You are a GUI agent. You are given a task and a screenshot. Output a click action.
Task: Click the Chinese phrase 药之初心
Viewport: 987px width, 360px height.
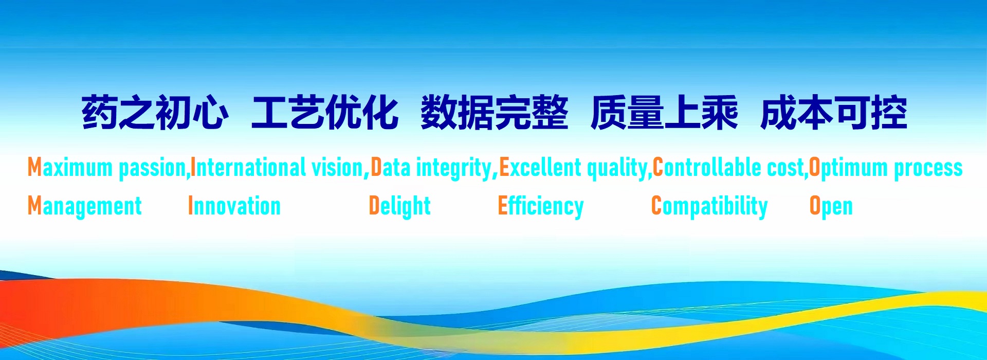pyautogui.click(x=155, y=112)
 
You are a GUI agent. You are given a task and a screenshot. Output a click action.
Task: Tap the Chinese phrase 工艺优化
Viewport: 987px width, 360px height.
pyautogui.click(x=325, y=112)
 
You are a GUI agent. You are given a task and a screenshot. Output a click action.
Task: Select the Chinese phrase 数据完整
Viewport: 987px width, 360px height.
pyautogui.click(x=495, y=112)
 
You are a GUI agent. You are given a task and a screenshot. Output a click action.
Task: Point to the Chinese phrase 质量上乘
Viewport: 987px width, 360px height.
pyautogui.click(x=664, y=112)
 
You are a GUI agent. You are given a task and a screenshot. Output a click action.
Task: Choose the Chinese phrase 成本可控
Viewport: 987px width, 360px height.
pyautogui.click(x=834, y=112)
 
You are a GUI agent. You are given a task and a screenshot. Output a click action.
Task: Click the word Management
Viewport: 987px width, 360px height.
pyautogui.click(x=85, y=206)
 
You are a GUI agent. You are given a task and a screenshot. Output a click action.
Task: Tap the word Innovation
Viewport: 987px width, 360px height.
pyautogui.click(x=234, y=206)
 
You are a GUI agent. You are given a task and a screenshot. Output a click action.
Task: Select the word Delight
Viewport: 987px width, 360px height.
pyautogui.click(x=400, y=206)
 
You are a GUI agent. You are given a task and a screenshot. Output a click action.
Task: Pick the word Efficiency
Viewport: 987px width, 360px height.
pyautogui.click(x=541, y=206)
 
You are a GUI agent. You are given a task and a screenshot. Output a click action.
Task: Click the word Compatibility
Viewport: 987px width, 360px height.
pyautogui.click(x=709, y=206)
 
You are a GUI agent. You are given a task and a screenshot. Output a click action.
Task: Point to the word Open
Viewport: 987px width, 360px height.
pyautogui.click(x=831, y=207)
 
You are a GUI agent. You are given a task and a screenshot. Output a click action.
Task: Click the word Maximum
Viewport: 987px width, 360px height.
pyautogui.click(x=70, y=168)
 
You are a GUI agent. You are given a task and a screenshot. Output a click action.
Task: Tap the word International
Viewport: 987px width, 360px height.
pyautogui.click(x=248, y=167)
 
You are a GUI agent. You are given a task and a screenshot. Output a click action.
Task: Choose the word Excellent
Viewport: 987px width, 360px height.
pyautogui.click(x=540, y=167)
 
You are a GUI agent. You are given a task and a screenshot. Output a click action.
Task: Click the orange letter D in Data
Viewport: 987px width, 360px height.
pyautogui.click(x=376, y=167)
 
